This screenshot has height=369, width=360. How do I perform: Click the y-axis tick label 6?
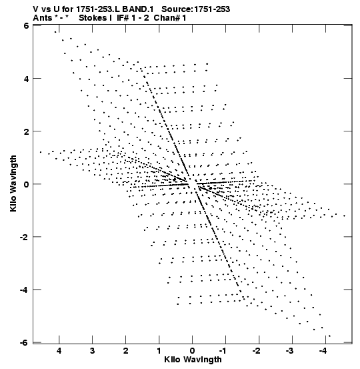pos(27,25)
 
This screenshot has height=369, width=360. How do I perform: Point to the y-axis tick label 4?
pos(27,79)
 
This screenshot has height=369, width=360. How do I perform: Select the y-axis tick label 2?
pos(27,131)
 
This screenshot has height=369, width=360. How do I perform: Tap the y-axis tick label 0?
pos(27,184)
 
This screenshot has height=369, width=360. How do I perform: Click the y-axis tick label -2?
pos(25,237)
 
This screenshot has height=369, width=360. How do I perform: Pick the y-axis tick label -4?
pos(25,290)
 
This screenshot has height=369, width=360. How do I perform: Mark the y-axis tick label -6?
pos(25,342)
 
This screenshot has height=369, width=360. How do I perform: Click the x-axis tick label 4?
pos(59,351)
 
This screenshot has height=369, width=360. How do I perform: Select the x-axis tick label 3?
pos(93,351)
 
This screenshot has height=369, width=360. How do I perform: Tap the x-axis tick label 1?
pos(159,351)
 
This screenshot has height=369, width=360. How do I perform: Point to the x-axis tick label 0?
pos(193,351)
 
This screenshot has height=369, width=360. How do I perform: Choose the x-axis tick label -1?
pos(224,351)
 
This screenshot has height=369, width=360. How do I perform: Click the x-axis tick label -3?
pos(291,351)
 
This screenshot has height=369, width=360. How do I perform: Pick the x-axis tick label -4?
pos(324,351)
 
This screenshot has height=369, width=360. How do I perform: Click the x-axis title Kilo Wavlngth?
pos(193,360)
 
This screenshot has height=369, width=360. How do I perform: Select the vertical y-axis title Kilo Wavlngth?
pos(13,183)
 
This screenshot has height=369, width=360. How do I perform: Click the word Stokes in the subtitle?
pos(95,18)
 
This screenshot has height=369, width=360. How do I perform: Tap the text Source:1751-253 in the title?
pos(196,9)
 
